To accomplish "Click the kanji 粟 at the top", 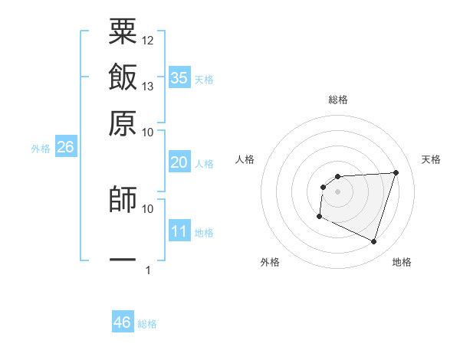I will [123, 32].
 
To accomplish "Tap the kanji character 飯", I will [123, 77].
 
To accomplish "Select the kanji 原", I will [123, 123].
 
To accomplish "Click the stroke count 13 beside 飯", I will [148, 86].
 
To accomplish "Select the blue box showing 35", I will [179, 78].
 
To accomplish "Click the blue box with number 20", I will [179, 162].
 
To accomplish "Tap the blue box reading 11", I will [179, 231].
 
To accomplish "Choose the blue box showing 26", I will [65, 148].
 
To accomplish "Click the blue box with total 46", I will [123, 322].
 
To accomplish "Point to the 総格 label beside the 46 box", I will [147, 324].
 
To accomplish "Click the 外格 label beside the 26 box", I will [40, 149].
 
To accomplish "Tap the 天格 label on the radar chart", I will [431, 159].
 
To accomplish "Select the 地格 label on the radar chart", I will [402, 262].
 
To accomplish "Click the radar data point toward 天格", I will [396, 172].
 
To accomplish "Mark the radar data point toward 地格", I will [373, 242].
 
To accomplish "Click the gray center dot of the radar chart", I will [337, 191].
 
